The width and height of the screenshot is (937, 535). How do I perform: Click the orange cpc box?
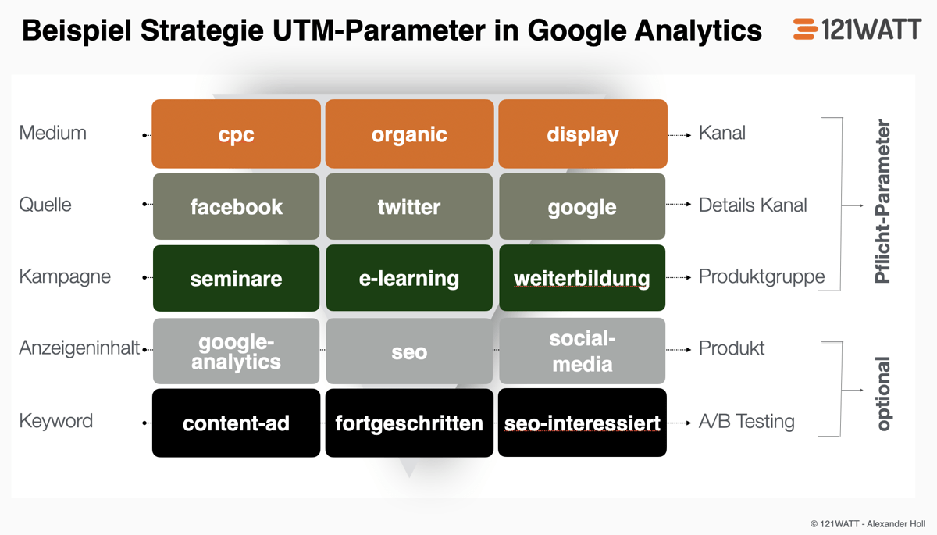[236, 134]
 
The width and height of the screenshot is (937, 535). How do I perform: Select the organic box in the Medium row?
[409, 134]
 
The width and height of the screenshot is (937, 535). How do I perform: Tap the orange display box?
[583, 134]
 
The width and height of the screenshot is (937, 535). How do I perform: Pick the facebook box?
[236, 207]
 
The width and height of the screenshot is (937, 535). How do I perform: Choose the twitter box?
[409, 207]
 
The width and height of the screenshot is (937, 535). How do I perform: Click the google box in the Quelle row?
[583, 207]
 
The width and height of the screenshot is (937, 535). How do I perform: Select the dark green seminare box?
[236, 279]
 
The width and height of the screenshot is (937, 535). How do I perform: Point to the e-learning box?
[409, 279]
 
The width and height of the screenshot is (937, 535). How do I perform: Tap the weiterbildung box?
[583, 279]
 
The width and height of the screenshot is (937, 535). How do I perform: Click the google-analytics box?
[236, 351]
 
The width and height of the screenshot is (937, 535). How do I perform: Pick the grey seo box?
[409, 351]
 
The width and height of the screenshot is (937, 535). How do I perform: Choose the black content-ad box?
[236, 423]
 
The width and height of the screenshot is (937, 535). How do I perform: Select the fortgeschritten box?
[409, 423]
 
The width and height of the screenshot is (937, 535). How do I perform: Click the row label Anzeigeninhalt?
[79, 348]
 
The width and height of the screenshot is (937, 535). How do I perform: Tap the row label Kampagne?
[65, 276]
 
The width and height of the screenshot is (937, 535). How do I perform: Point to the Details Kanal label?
[753, 205]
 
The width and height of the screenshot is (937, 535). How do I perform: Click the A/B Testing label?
[746, 422]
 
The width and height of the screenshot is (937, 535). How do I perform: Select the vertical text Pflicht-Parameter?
[883, 202]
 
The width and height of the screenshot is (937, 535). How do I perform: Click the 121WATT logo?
[857, 30]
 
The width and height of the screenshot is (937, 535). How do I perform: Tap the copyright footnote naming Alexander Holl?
[868, 523]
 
